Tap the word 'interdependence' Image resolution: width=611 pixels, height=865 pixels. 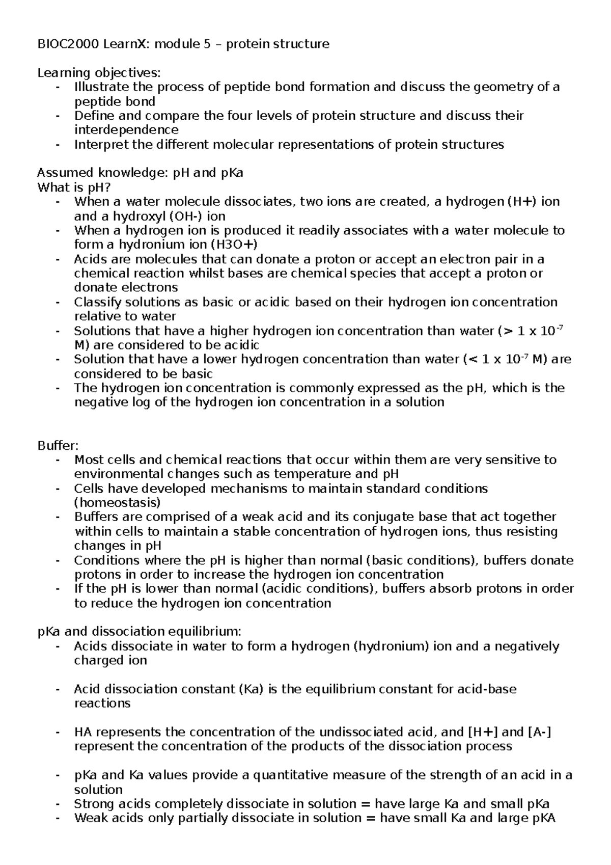coord(126,130)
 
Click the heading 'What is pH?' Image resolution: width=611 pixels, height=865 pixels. coord(74,187)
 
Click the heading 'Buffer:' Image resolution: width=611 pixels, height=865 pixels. coord(58,446)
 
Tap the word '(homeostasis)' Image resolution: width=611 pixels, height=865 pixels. coord(117,503)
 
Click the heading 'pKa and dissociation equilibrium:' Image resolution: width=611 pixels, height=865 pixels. coord(139,632)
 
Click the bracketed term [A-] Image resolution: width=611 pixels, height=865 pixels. coord(540,732)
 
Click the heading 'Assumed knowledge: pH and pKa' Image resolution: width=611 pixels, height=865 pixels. coord(140,173)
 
